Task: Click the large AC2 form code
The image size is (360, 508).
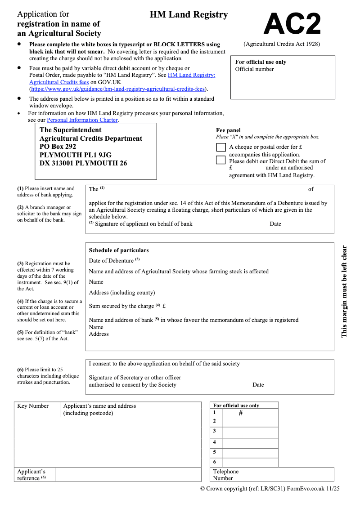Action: tap(292, 24)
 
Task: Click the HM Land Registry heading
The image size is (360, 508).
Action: tap(189, 15)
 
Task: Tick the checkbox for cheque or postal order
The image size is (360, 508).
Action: tap(221, 147)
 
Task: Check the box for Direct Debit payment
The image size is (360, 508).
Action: tap(221, 160)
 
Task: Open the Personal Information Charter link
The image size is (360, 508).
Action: tap(82, 120)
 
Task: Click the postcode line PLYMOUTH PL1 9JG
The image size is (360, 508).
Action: tap(76, 155)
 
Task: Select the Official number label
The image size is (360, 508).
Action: tap(254, 69)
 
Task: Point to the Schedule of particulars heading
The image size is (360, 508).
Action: tap(119, 250)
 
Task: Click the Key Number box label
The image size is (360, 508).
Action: tap(33, 406)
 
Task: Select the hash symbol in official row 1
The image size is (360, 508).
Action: tap(241, 413)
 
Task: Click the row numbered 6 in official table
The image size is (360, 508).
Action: tap(215, 462)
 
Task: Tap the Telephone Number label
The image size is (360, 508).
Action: tap(226, 475)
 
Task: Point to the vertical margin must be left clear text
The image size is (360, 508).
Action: tap(344, 291)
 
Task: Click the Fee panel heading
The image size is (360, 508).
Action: tap(228, 130)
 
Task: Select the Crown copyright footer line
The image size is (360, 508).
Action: tap(270, 489)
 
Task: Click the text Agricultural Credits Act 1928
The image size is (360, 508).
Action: tap(282, 44)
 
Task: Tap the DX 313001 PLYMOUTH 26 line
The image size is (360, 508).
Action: tap(83, 163)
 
